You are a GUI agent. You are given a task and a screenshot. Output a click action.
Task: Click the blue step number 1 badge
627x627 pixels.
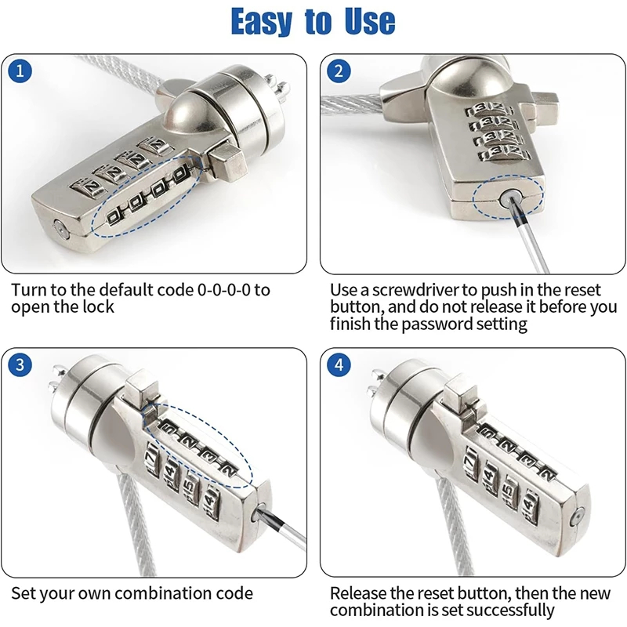20,71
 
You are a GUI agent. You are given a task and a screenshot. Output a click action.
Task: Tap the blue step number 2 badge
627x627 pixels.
339,71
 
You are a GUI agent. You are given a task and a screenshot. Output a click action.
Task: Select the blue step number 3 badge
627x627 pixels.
20,364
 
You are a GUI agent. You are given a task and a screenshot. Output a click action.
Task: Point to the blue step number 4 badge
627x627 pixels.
339,364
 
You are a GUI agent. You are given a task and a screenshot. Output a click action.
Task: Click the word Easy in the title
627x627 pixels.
262,21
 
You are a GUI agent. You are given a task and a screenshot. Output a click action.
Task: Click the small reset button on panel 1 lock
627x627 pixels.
60,229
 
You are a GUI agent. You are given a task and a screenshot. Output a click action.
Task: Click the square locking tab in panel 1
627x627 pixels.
225,161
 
